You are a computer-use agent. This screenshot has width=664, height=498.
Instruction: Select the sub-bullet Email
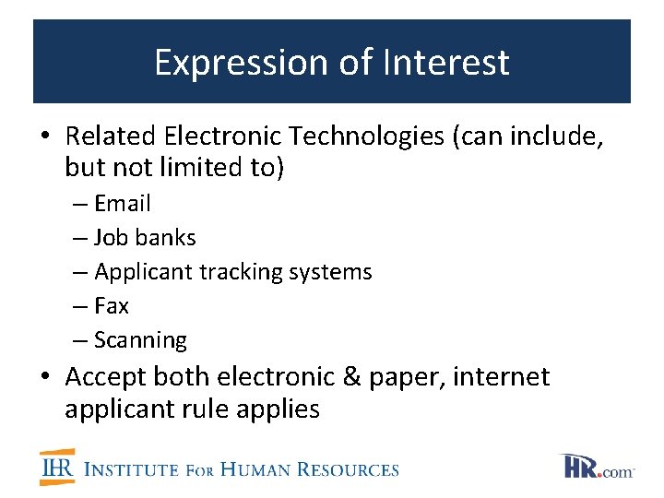tap(122, 204)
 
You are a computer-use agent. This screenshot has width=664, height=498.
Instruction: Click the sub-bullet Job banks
tap(145, 238)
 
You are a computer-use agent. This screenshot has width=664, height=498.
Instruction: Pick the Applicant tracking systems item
tap(232, 272)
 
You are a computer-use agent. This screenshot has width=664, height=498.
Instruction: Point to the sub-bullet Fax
tap(112, 306)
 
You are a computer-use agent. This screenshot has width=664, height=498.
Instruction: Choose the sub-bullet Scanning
tap(140, 340)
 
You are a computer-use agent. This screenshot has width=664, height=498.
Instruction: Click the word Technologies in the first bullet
tap(367, 136)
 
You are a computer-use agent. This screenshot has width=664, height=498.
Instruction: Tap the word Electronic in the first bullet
tap(224, 136)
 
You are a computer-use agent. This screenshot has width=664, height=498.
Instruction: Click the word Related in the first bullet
tap(111, 136)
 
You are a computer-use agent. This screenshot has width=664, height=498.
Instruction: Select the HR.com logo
tap(598, 467)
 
